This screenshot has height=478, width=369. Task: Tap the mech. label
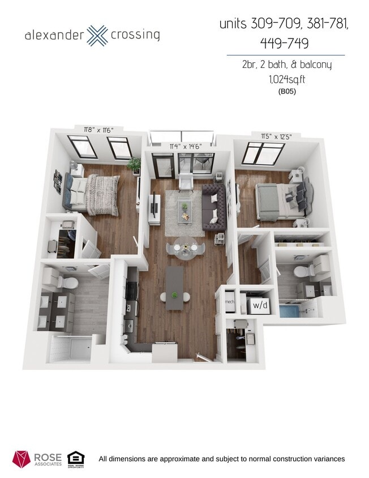[x=230, y=302]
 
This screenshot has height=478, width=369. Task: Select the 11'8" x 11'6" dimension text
[x=97, y=130]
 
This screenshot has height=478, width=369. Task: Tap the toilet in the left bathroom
[x=69, y=281]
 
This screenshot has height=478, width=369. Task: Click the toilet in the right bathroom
[x=301, y=271]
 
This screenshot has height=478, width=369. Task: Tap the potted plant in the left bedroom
[x=135, y=165]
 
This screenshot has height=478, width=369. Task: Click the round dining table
[x=183, y=247]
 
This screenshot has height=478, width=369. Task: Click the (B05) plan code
[x=287, y=91]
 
